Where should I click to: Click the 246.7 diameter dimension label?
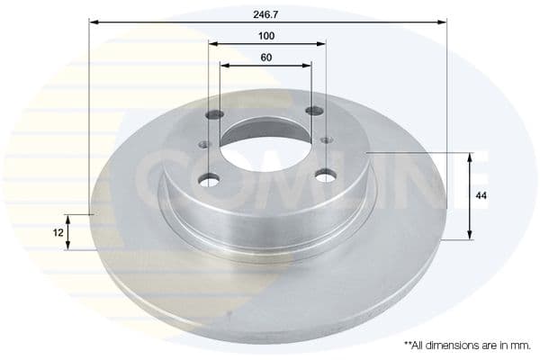266,11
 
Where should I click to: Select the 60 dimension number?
266,58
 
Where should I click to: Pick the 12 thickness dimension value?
58,232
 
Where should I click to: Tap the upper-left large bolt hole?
215,115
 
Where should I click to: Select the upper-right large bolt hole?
313,111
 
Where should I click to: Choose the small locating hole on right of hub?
326,139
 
